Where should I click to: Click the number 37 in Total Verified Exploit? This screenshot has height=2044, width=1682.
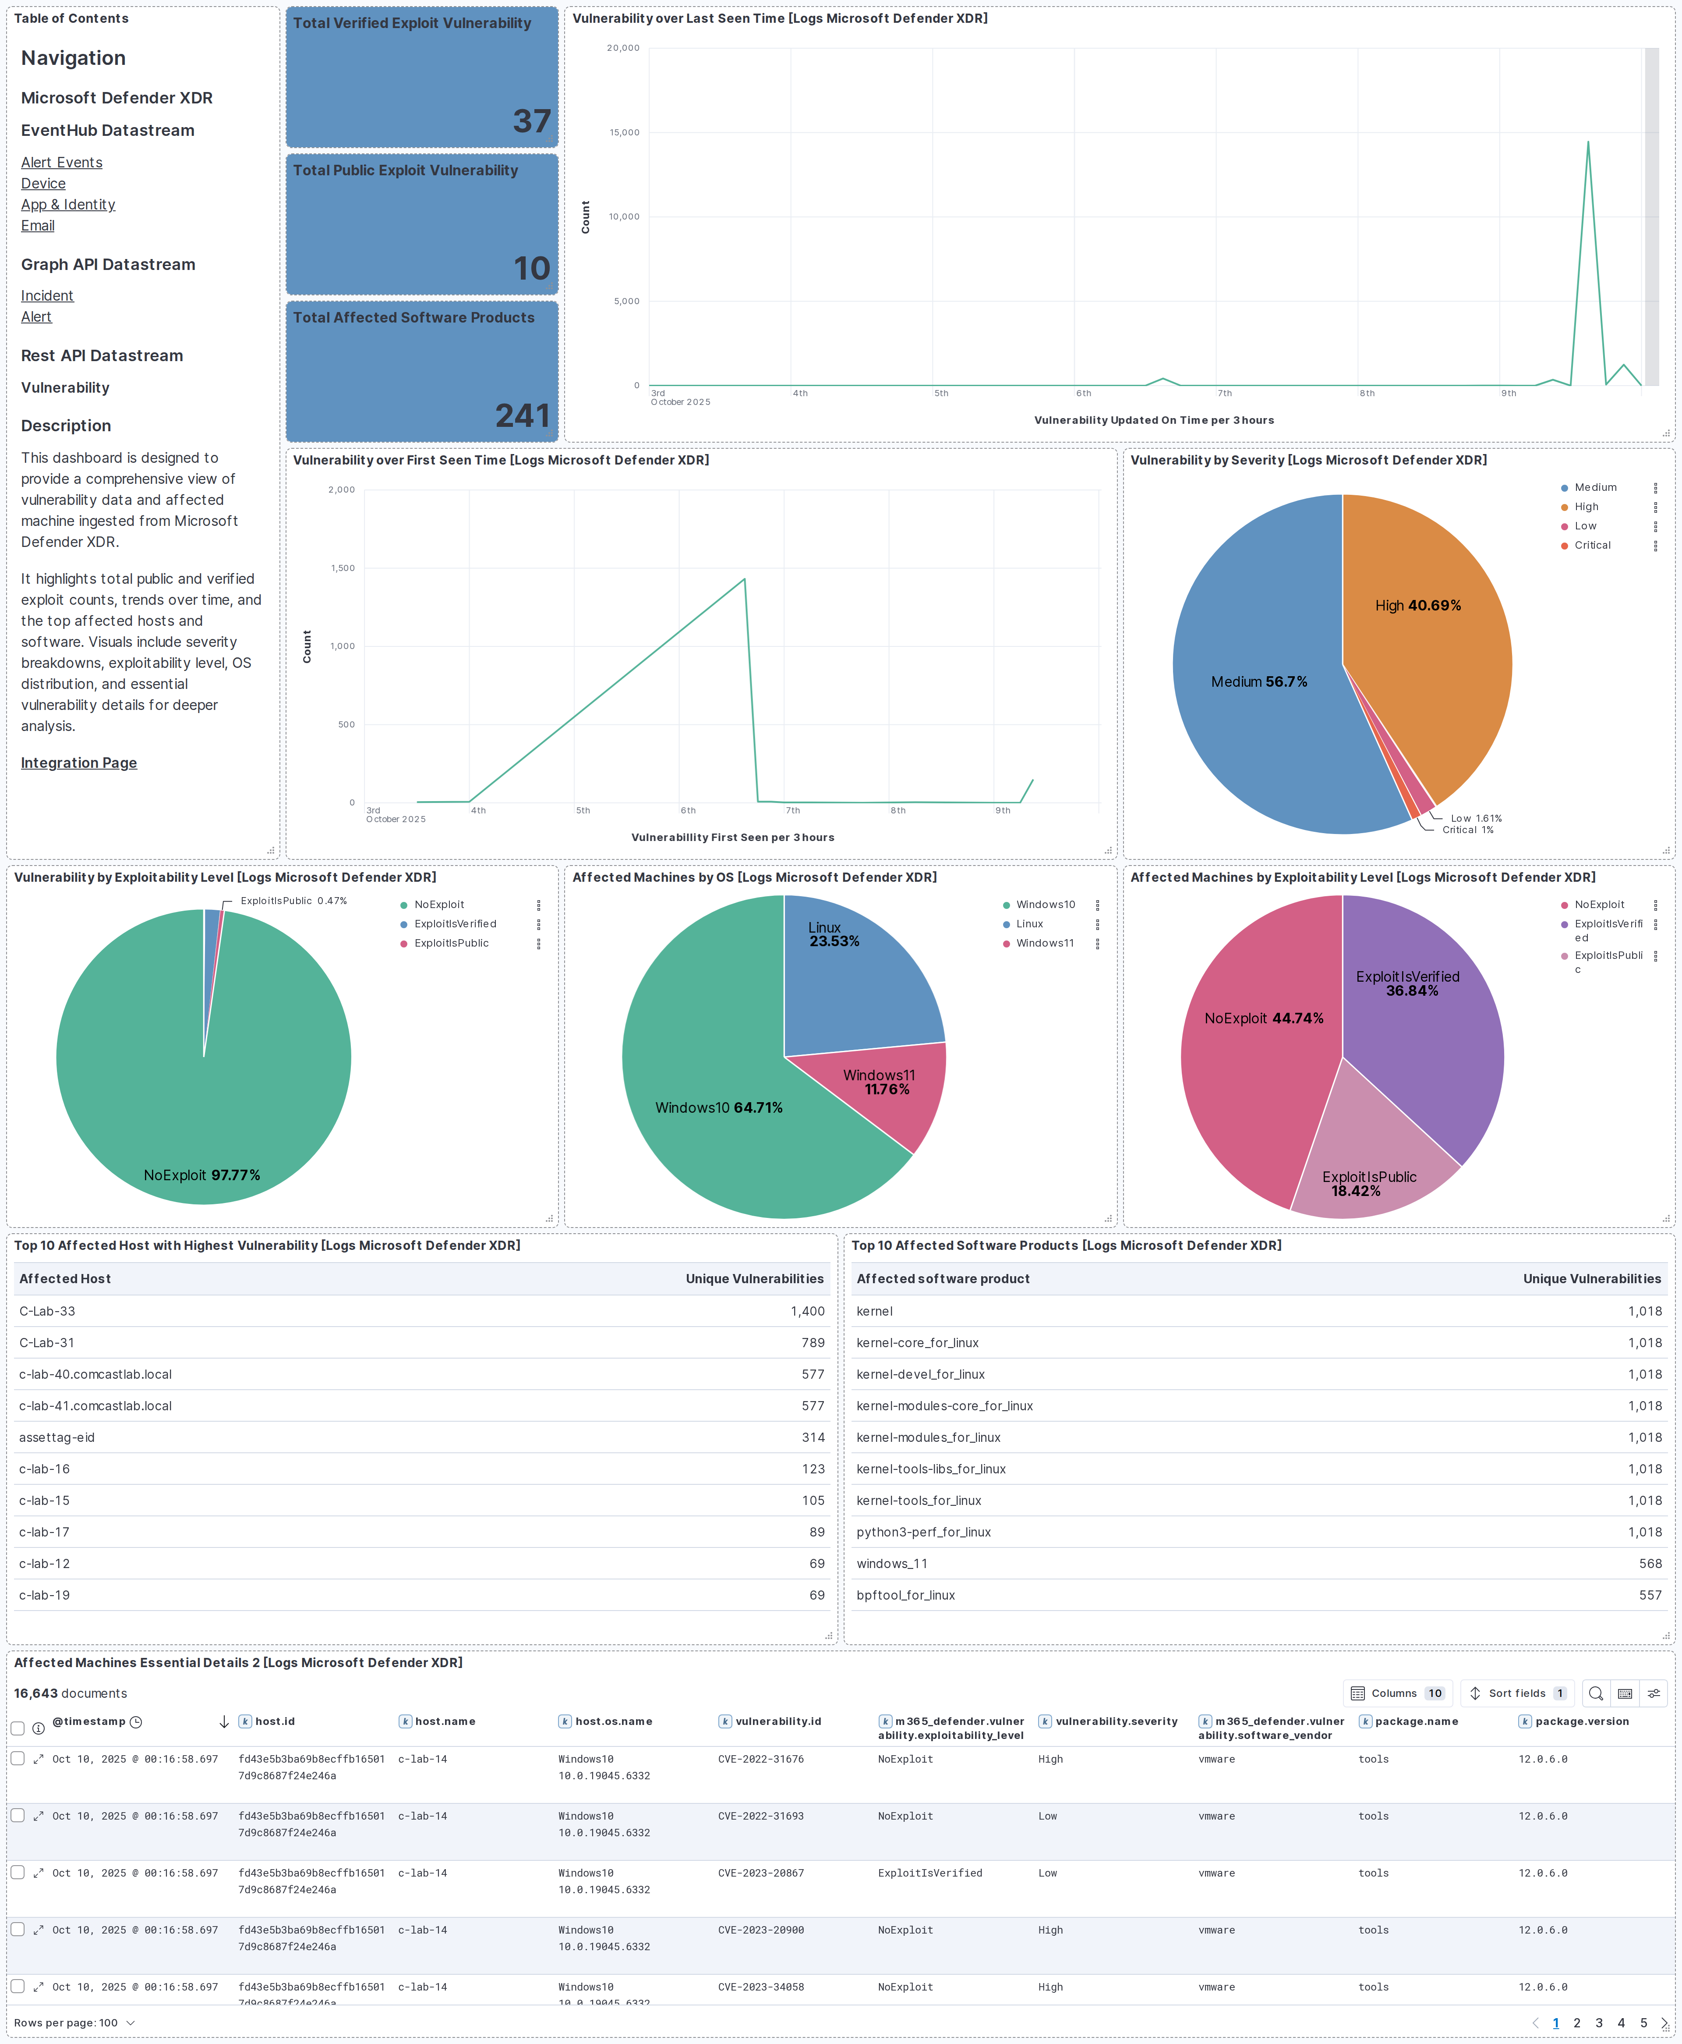(531, 121)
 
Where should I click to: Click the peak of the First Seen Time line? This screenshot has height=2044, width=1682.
(744, 579)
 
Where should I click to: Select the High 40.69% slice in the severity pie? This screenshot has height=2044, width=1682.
(1417, 606)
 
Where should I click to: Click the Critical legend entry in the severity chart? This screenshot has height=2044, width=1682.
(1592, 546)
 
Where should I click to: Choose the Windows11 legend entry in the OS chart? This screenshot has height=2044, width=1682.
(1045, 943)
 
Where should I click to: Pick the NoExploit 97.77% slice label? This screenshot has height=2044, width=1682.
(201, 1175)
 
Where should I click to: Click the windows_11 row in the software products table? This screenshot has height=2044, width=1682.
(891, 1563)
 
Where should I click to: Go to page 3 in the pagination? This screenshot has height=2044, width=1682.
(1599, 2023)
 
